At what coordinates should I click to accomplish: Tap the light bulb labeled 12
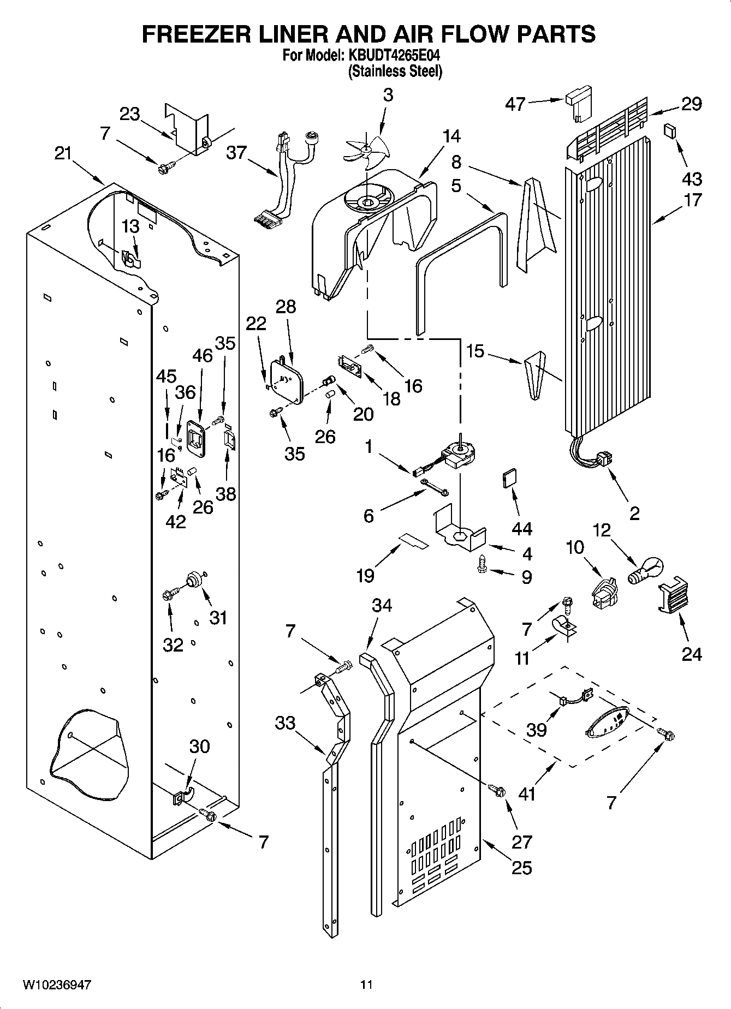(x=647, y=571)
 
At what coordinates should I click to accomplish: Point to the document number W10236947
(x=57, y=985)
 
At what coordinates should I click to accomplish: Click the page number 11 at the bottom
(x=366, y=985)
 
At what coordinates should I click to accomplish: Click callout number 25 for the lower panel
(x=521, y=867)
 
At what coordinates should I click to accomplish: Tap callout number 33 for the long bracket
(x=285, y=723)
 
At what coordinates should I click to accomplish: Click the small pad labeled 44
(x=508, y=479)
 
